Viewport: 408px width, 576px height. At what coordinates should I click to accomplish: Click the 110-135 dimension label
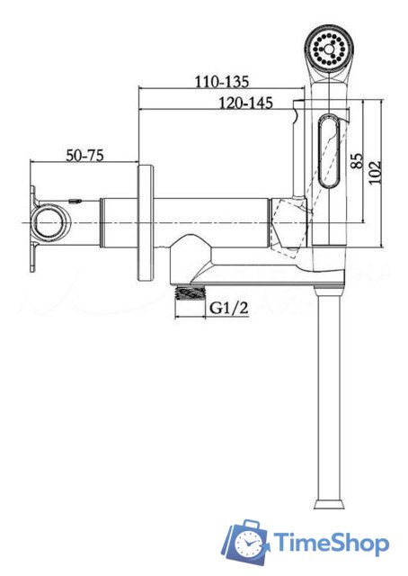point(222,81)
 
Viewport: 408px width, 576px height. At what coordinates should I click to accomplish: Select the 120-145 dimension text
point(246,103)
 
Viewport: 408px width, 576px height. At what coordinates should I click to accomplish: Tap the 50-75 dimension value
point(84,155)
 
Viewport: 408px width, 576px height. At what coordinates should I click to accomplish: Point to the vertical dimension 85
point(357,161)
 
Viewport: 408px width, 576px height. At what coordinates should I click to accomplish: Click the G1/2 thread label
point(228,308)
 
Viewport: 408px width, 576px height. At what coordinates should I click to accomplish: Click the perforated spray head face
point(328,48)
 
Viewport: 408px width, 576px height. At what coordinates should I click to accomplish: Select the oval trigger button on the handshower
point(330,151)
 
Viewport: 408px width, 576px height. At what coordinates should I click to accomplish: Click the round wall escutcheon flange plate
point(146,223)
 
